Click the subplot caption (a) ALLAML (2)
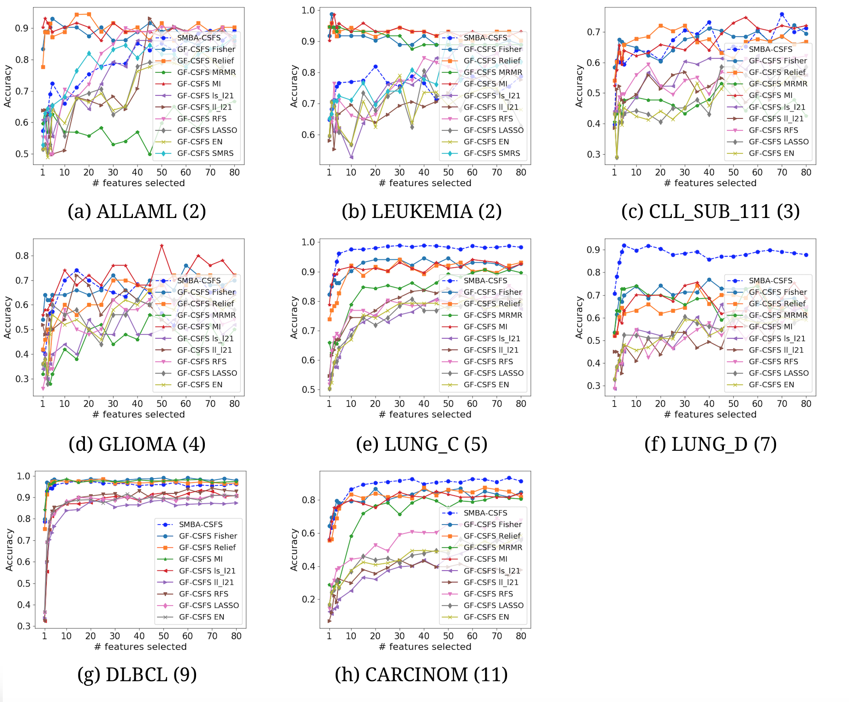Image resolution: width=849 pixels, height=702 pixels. pyautogui.click(x=137, y=212)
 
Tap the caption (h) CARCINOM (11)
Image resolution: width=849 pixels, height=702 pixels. pyautogui.click(x=421, y=675)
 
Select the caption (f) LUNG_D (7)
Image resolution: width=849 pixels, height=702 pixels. pyautogui.click(x=711, y=444)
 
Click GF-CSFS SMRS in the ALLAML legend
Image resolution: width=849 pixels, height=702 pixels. pyautogui.click(x=205, y=153)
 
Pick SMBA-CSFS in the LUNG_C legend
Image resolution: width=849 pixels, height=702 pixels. pyautogui.click(x=485, y=280)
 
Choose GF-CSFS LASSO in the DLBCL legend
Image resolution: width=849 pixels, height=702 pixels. pyautogui.click(x=209, y=605)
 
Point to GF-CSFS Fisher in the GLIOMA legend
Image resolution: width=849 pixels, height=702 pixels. pyautogui.click(x=206, y=292)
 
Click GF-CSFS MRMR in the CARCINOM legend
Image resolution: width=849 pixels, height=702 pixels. pyautogui.click(x=493, y=547)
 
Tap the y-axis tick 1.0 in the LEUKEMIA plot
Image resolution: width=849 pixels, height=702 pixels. pyautogui.click(x=308, y=10)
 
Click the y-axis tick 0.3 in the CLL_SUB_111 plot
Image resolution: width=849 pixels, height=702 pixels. pyautogui.click(x=593, y=154)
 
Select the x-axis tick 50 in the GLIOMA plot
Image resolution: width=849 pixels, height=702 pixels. pyautogui.click(x=161, y=404)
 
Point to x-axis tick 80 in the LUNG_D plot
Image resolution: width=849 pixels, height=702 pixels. pyautogui.click(x=806, y=404)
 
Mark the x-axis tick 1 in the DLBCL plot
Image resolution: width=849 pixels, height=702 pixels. pyautogui.click(x=45, y=636)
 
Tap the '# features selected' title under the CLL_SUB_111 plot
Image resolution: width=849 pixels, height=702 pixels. pyautogui.click(x=711, y=183)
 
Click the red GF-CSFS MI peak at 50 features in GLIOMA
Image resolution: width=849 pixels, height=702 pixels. pyautogui.click(x=161, y=245)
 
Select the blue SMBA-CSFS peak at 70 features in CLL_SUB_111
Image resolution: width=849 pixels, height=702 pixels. pyautogui.click(x=782, y=14)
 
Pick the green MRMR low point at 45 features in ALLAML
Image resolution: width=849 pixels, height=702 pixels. pyautogui.click(x=150, y=154)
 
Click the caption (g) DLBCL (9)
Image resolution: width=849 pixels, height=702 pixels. pyautogui.click(x=137, y=675)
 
